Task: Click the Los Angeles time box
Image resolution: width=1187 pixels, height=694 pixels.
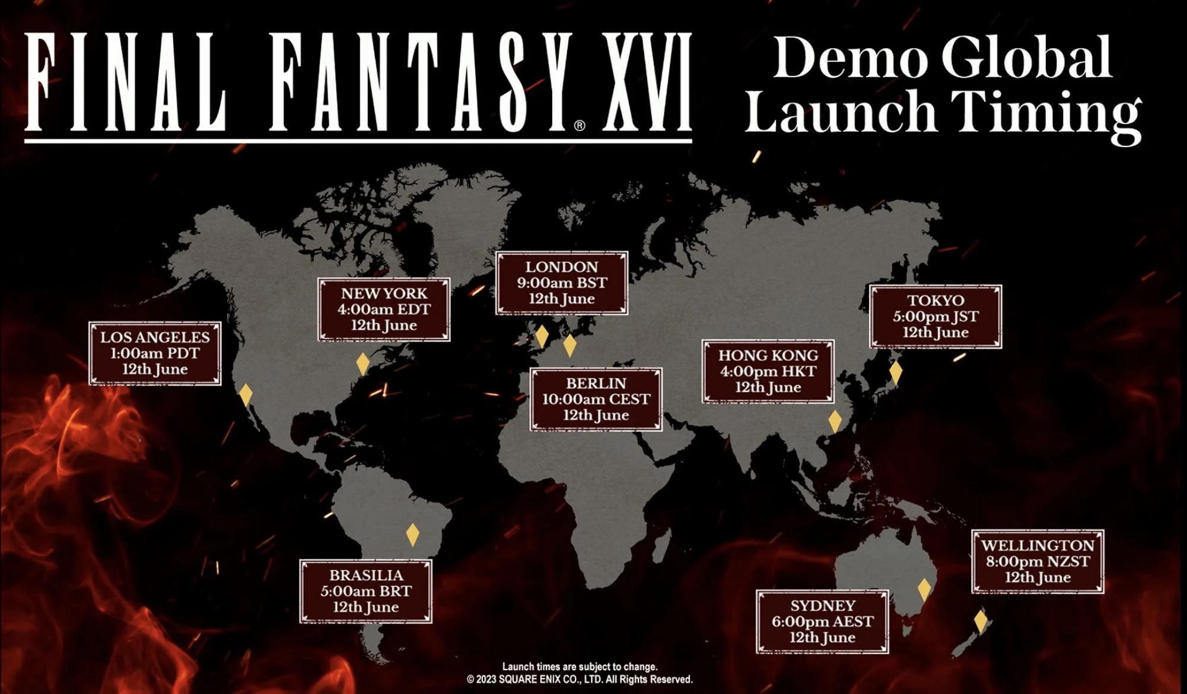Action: click(x=155, y=354)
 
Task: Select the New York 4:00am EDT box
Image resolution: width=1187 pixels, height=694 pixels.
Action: click(x=384, y=310)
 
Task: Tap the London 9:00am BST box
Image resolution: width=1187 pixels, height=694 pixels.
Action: click(x=561, y=283)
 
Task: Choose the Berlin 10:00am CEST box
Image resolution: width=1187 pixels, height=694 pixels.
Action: click(x=596, y=399)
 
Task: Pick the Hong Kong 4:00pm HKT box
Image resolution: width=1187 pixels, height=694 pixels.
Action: click(x=768, y=371)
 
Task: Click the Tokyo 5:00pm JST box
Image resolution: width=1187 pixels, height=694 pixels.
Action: click(x=935, y=317)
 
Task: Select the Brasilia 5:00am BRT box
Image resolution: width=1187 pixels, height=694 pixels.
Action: click(x=365, y=591)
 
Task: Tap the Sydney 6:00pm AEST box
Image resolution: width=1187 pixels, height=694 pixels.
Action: click(x=822, y=622)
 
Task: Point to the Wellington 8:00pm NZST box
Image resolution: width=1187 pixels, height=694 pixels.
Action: click(x=1037, y=562)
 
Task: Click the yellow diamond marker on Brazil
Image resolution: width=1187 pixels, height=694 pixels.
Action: click(x=413, y=534)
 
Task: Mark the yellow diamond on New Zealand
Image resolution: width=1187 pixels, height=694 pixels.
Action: click(x=981, y=622)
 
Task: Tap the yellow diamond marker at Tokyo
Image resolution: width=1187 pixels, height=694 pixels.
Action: click(x=896, y=373)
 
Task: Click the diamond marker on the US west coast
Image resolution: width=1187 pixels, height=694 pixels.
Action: click(x=246, y=395)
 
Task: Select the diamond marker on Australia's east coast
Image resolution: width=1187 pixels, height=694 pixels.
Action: click(x=924, y=590)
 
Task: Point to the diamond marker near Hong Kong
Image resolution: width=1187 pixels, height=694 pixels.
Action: click(x=835, y=421)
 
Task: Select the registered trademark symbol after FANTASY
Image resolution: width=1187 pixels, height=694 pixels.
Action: click(x=580, y=125)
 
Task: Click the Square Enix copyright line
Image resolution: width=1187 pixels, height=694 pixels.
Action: click(x=580, y=680)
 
